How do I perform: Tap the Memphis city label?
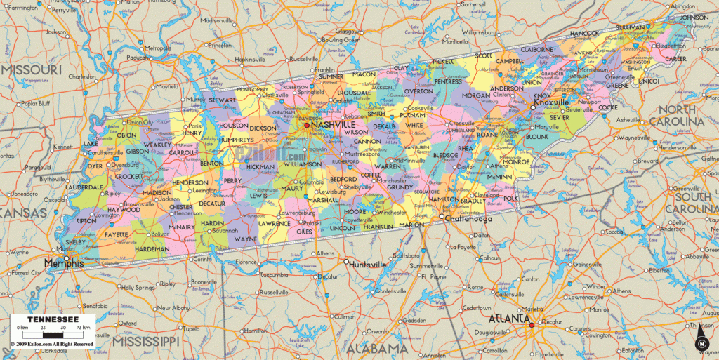63,264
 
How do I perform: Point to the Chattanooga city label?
467,219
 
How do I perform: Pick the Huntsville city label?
367,265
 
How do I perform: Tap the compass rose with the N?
701,342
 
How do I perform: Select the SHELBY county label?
74,242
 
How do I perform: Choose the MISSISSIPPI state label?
145,340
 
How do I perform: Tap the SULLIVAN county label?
630,27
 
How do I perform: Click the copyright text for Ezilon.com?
51,344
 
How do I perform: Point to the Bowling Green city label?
341,40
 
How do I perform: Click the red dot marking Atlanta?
532,324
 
